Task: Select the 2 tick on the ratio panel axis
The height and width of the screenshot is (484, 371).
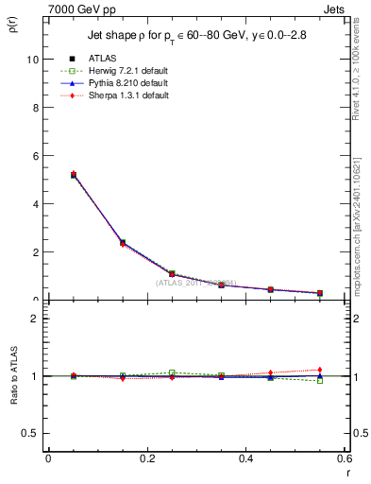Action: click(x=34, y=319)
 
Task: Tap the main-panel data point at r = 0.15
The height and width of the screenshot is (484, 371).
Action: click(x=123, y=243)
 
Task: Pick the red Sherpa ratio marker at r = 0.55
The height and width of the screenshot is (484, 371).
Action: click(x=320, y=370)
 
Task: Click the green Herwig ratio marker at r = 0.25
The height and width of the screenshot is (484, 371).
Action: click(x=172, y=372)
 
